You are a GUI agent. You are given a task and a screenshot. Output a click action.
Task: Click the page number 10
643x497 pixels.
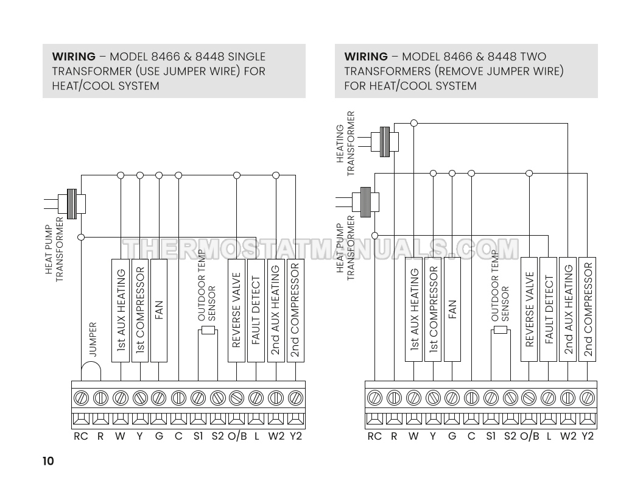48,461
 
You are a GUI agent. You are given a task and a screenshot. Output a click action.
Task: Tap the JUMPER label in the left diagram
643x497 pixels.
93,339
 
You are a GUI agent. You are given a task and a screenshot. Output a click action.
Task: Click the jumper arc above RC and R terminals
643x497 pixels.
91,370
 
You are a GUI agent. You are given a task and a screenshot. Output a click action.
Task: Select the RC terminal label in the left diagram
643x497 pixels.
81,436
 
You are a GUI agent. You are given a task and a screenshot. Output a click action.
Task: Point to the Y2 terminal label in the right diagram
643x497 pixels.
587,436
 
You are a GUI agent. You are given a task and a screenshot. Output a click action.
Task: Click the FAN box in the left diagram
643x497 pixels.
159,311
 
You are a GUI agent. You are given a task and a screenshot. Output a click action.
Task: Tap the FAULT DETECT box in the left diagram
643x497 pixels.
256,311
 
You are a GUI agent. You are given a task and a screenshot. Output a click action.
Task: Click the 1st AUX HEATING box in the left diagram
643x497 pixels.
121,311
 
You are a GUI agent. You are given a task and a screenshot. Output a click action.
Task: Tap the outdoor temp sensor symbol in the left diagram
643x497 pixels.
208,331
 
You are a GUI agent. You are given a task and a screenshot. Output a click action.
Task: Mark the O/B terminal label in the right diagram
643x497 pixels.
530,436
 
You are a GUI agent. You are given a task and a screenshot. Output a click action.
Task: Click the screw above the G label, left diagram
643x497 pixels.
159,398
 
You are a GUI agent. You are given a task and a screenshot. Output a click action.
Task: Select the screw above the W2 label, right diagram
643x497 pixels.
567,398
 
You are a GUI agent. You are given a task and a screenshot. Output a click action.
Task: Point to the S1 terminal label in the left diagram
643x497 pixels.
197,436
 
